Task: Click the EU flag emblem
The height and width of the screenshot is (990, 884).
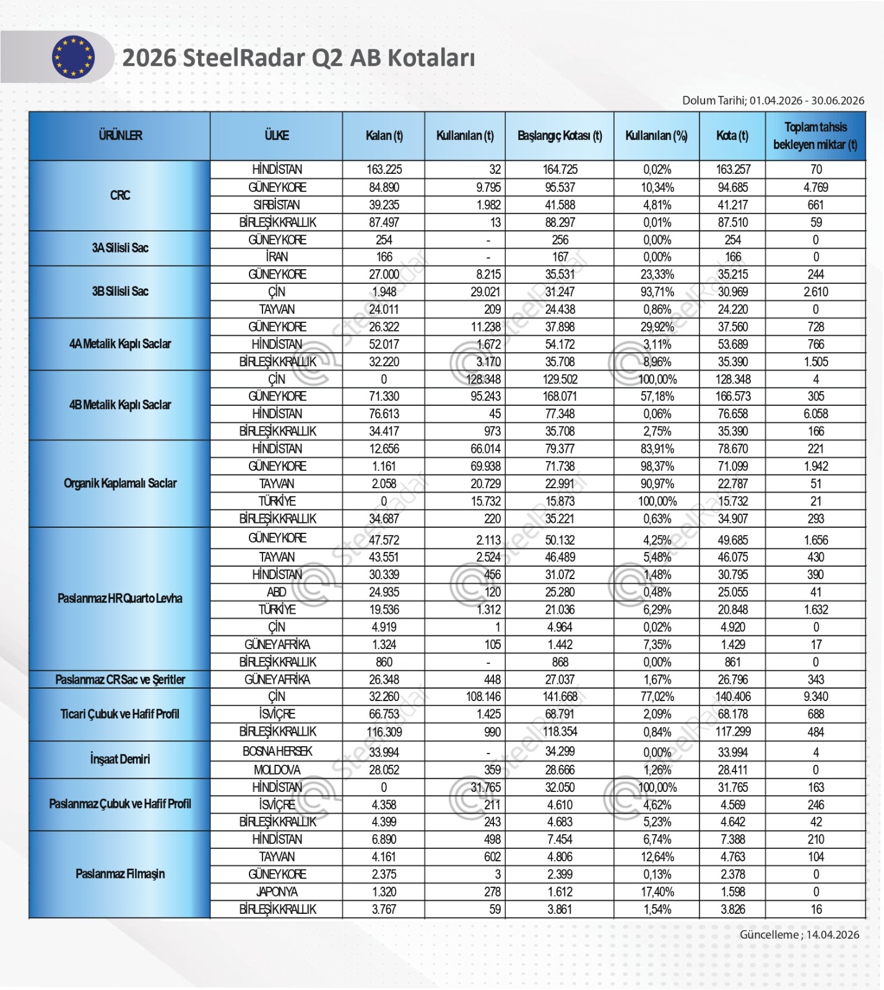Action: point(73,57)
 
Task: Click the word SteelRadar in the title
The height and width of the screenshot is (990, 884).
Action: point(245,58)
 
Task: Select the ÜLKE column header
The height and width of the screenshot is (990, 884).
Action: point(276,136)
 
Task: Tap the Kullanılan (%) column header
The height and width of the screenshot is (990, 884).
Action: point(656,136)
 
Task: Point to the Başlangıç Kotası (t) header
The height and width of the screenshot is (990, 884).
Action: point(560,136)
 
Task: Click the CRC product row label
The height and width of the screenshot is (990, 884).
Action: point(120,196)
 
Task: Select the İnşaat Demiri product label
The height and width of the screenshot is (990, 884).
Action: point(120,759)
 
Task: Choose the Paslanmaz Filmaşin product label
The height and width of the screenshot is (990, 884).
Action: point(120,874)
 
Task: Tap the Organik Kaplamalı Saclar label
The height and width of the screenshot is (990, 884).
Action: point(120,483)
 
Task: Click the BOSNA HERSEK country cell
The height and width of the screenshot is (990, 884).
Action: point(277,752)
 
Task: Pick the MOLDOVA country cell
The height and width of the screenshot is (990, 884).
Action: point(277,770)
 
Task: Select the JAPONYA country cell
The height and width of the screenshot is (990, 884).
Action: point(277,892)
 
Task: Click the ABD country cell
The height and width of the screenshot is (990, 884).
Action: point(277,592)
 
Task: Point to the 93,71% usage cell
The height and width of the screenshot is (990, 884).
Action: point(657,292)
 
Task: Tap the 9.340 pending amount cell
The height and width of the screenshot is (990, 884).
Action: point(815,697)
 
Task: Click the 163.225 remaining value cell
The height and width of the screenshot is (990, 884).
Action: point(384,170)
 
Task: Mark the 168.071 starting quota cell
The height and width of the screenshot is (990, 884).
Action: point(560,397)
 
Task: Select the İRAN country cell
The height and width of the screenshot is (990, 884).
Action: point(277,257)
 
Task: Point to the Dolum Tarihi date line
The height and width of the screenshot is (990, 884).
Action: point(773,100)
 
